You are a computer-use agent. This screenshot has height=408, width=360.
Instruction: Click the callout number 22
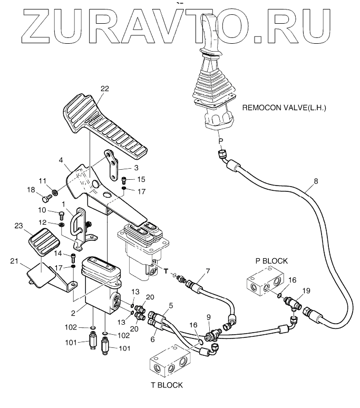pos(104,89)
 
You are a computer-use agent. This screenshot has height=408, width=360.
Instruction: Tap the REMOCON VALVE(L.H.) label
pos(284,108)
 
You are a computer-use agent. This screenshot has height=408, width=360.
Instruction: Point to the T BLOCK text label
pos(167,385)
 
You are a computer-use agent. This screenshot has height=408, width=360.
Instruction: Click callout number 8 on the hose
pos(316,181)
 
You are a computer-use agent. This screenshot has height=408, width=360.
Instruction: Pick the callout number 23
pos(19,225)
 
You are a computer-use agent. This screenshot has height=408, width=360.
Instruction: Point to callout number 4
pos(61,160)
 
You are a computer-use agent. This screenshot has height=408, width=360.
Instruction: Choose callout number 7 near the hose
pos(208,271)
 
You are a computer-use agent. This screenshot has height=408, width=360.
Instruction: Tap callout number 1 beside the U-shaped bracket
pos(63,203)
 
